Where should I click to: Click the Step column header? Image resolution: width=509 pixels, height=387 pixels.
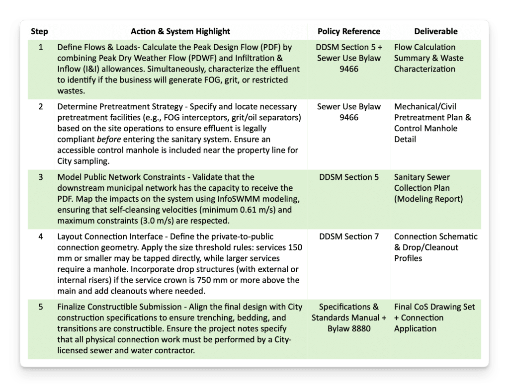[39, 31]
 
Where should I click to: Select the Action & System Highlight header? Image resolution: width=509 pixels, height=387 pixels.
[180, 31]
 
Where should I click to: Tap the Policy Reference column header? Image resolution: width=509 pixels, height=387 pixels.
[348, 31]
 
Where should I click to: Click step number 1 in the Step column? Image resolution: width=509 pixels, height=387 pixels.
[41, 47]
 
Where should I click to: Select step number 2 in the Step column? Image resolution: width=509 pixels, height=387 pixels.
[41, 106]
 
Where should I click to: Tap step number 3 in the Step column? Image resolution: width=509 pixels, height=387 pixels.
[41, 177]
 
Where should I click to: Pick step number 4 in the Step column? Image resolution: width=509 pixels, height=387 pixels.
[41, 236]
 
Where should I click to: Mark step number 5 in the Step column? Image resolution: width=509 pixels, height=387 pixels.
[41, 307]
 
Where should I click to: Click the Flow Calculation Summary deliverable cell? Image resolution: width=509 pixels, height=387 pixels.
[428, 58]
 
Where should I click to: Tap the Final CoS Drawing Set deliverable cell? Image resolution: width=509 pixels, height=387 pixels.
[434, 317]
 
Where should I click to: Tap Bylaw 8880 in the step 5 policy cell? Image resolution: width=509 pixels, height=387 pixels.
[348, 328]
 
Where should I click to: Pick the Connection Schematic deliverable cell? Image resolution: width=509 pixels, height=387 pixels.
[435, 247]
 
